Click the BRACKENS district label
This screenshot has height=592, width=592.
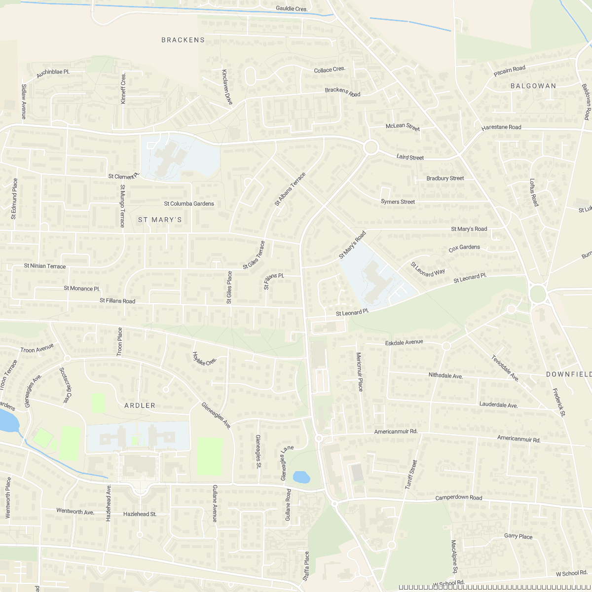tap(183, 40)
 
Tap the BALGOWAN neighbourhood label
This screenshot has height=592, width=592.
tap(533, 86)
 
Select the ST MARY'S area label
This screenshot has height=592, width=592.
tap(160, 220)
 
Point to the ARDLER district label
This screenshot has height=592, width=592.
tap(140, 406)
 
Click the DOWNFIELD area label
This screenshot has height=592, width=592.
tap(568, 374)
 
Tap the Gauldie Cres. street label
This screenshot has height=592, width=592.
tap(292, 9)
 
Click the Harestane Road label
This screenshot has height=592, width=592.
tap(501, 127)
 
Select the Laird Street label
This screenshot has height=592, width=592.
tap(410, 158)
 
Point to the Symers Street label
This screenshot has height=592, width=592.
tap(398, 202)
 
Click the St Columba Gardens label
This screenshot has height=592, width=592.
tap(189, 204)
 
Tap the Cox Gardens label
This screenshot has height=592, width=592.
tap(464, 247)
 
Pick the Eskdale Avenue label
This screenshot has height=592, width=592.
tap(404, 342)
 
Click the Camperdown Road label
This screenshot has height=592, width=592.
tap(458, 498)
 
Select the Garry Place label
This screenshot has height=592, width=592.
tap(518, 536)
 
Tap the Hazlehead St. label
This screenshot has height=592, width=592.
tap(140, 514)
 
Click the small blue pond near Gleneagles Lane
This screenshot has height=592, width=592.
tap(301, 477)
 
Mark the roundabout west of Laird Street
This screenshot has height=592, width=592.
tap(370, 147)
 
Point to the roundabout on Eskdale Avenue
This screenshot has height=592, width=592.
tap(446, 346)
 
